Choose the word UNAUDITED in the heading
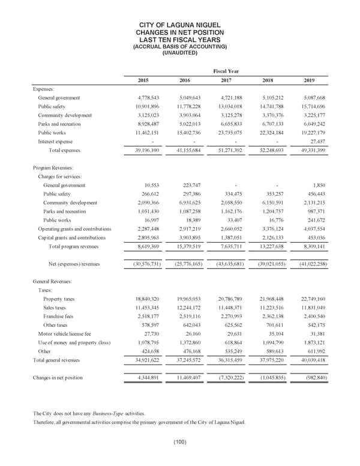(x=180, y=53)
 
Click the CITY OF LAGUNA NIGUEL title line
(x=180, y=25)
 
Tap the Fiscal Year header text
(x=226, y=71)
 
